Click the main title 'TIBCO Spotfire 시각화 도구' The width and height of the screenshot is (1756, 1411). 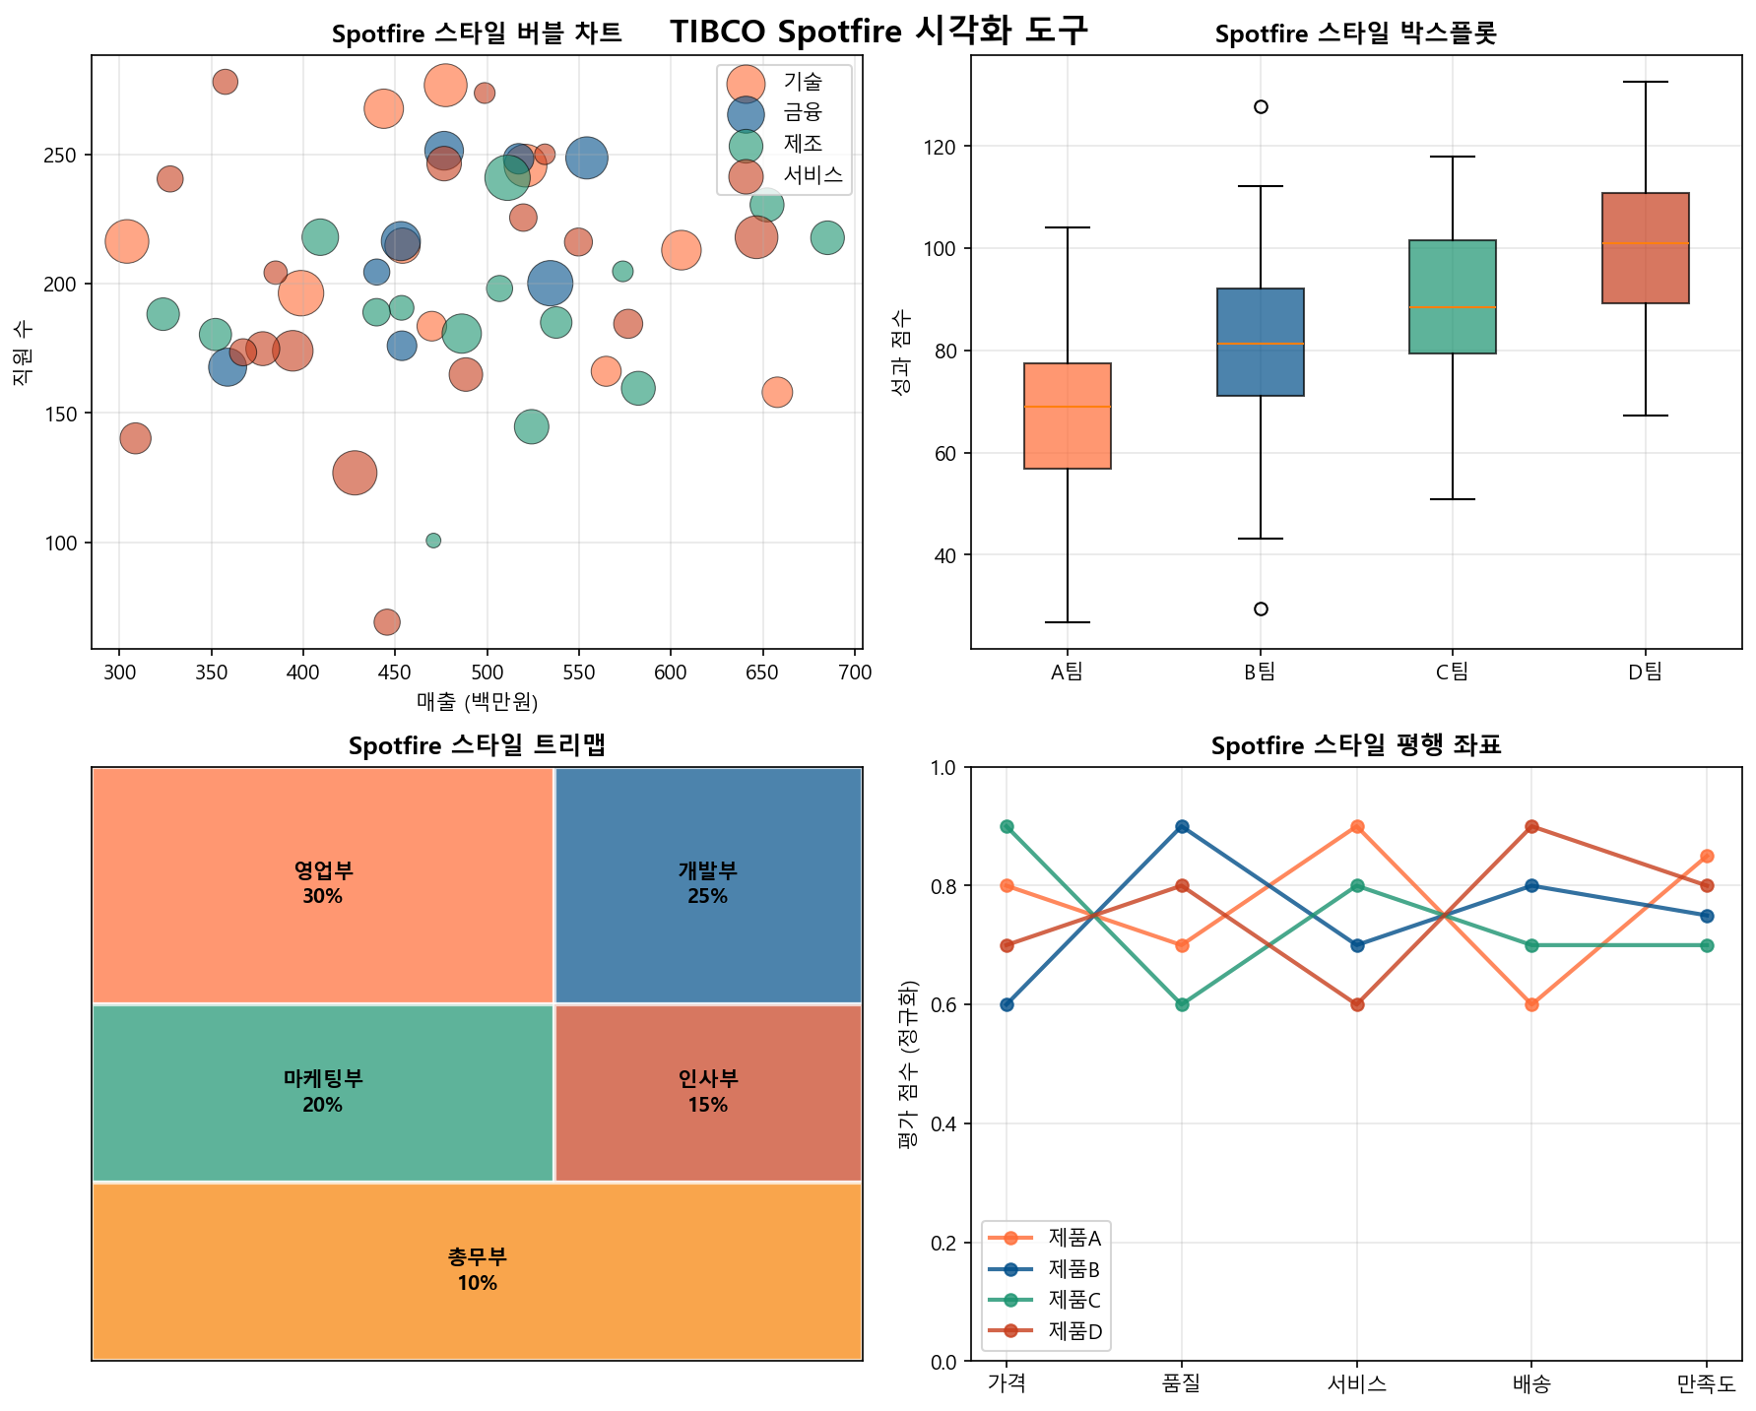tap(878, 31)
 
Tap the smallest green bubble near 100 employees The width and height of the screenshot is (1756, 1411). tap(433, 541)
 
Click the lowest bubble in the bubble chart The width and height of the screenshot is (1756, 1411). tap(387, 622)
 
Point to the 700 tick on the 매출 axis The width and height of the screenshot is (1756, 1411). tap(855, 673)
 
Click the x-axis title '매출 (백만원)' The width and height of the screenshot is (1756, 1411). tap(477, 702)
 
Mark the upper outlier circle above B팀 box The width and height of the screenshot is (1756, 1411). tap(1261, 106)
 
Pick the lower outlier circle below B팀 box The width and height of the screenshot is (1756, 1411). tap(1261, 609)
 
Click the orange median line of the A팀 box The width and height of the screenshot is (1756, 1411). tap(1068, 407)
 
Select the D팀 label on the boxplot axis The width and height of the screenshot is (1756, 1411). tap(1645, 673)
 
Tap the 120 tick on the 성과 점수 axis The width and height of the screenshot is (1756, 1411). tap(945, 147)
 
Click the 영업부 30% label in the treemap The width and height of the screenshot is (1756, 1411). tap(323, 883)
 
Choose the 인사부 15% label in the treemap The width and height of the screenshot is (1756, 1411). tap(708, 1091)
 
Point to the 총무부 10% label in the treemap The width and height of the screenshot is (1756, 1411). tap(477, 1270)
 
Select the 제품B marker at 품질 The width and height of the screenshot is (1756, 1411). tap(1182, 826)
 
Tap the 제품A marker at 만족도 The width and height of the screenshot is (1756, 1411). tap(1707, 856)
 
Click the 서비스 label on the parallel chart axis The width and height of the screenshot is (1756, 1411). tap(1357, 1384)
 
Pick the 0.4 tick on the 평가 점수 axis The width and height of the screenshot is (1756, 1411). tap(945, 1123)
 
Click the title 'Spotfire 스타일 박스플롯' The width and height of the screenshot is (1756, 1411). tap(1355, 34)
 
